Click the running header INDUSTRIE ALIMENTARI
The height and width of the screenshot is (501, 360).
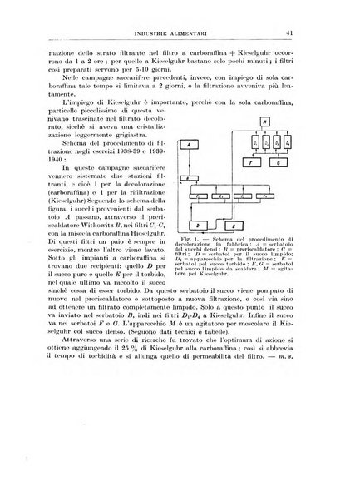pos(187,33)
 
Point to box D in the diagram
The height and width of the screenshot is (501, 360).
pos(175,225)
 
